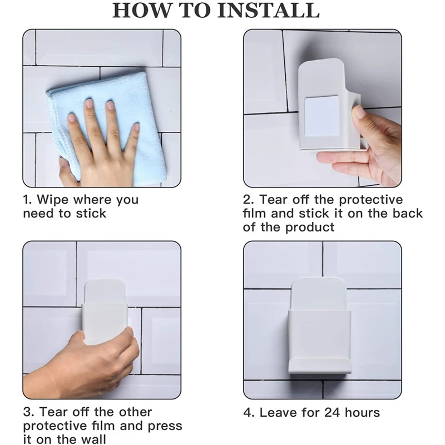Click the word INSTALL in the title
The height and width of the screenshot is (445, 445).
269,10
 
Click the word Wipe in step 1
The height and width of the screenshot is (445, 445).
53,200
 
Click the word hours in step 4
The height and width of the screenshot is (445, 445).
362,413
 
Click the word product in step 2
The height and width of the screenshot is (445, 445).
310,228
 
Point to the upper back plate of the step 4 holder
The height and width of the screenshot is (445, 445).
320,294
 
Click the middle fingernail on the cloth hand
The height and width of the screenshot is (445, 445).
90,103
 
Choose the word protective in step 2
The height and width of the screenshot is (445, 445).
371,200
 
